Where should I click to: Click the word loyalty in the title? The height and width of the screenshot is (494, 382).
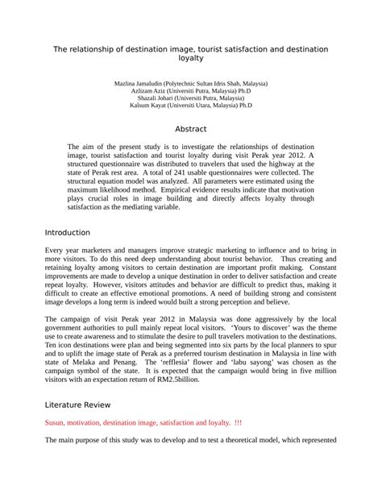(190, 58)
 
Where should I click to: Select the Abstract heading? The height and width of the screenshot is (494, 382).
(191, 129)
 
